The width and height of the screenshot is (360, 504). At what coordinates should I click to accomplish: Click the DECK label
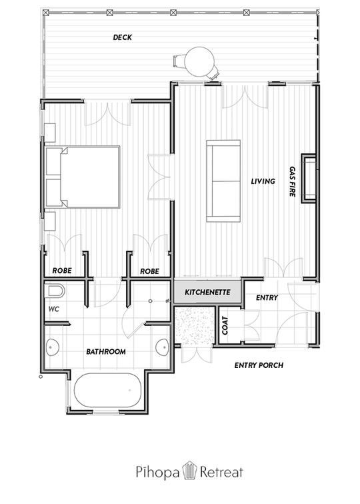coord(123,37)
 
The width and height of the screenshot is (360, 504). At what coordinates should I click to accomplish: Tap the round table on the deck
coord(199,61)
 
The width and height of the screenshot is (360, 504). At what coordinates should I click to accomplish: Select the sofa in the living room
coord(223,181)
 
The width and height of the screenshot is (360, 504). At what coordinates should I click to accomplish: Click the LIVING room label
coord(263,181)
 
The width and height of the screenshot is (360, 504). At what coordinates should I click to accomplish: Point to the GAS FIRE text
coord(292,181)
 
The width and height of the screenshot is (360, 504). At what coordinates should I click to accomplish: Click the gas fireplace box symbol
coord(309,179)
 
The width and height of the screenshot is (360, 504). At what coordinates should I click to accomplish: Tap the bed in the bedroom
coord(83,177)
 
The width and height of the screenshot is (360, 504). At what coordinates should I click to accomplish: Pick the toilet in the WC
coord(56,291)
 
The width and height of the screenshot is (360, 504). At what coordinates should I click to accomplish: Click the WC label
coord(54,309)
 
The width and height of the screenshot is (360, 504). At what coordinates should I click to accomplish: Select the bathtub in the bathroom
coord(107,391)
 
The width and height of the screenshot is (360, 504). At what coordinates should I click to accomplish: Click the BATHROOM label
coord(106,351)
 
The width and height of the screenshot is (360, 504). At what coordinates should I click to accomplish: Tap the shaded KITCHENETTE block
coord(207,292)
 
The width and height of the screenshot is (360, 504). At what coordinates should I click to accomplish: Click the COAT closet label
coord(225,325)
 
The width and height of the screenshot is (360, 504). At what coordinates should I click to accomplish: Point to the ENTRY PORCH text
coord(259,365)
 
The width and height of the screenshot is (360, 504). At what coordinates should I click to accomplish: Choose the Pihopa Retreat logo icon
coord(189,471)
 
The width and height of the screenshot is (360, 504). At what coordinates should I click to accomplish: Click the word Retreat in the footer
coord(221,472)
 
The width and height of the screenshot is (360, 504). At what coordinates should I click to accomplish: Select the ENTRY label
coord(267,298)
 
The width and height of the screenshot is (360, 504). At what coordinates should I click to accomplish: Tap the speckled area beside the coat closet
coord(195,325)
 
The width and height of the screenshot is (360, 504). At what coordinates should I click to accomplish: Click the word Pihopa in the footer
coord(157,473)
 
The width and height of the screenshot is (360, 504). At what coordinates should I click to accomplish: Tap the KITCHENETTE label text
coord(207,293)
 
